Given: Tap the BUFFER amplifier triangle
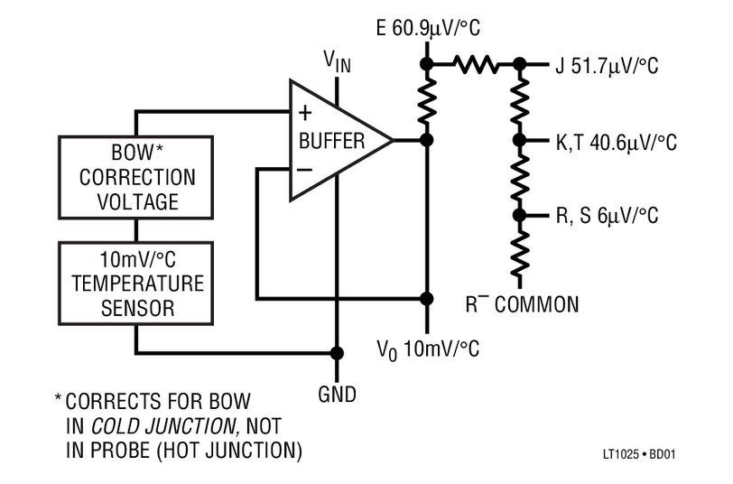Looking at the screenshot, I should point(330,141).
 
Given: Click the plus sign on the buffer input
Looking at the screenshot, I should point(304,113).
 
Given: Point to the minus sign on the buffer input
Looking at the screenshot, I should point(304,169).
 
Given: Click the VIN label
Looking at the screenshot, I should point(337,60).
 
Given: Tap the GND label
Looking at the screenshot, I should point(338,394).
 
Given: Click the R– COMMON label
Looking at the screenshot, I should point(521,303).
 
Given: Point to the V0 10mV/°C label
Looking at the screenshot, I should point(428,349).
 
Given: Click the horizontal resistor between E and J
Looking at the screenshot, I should point(474,64).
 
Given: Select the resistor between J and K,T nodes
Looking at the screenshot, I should point(519,103).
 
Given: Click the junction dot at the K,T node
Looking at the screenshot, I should point(519,141).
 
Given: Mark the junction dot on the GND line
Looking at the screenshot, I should point(337,353).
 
